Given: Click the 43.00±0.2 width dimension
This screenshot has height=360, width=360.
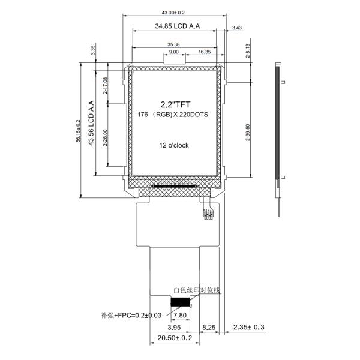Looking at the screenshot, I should tap(173, 13).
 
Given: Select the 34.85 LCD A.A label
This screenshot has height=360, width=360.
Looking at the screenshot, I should tap(177, 26).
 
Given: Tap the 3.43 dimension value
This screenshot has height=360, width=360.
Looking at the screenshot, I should tap(236, 28).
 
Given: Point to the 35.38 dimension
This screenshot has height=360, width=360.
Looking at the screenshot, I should tap(173, 44).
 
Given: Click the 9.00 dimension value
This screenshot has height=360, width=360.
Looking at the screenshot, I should tap(173, 52).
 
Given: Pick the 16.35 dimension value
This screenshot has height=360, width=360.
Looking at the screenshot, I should tap(204, 52).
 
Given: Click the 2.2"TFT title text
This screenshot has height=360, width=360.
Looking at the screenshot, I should tap(174, 104).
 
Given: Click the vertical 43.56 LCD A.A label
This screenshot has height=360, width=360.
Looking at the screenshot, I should tap(92, 123).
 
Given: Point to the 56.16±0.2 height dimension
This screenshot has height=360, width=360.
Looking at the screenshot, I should tap(77, 130).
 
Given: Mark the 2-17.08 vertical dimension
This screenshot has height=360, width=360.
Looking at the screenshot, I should tap(106, 86).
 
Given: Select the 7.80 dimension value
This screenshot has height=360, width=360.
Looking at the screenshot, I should tap(179, 315).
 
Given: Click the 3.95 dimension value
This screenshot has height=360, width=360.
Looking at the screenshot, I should tap(174, 328).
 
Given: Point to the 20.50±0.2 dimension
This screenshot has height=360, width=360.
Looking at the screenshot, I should tap(174, 339).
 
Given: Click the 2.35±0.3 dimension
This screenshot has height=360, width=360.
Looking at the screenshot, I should tap(250, 328).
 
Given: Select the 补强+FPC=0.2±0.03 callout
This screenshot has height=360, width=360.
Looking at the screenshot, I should tap(131, 315).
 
